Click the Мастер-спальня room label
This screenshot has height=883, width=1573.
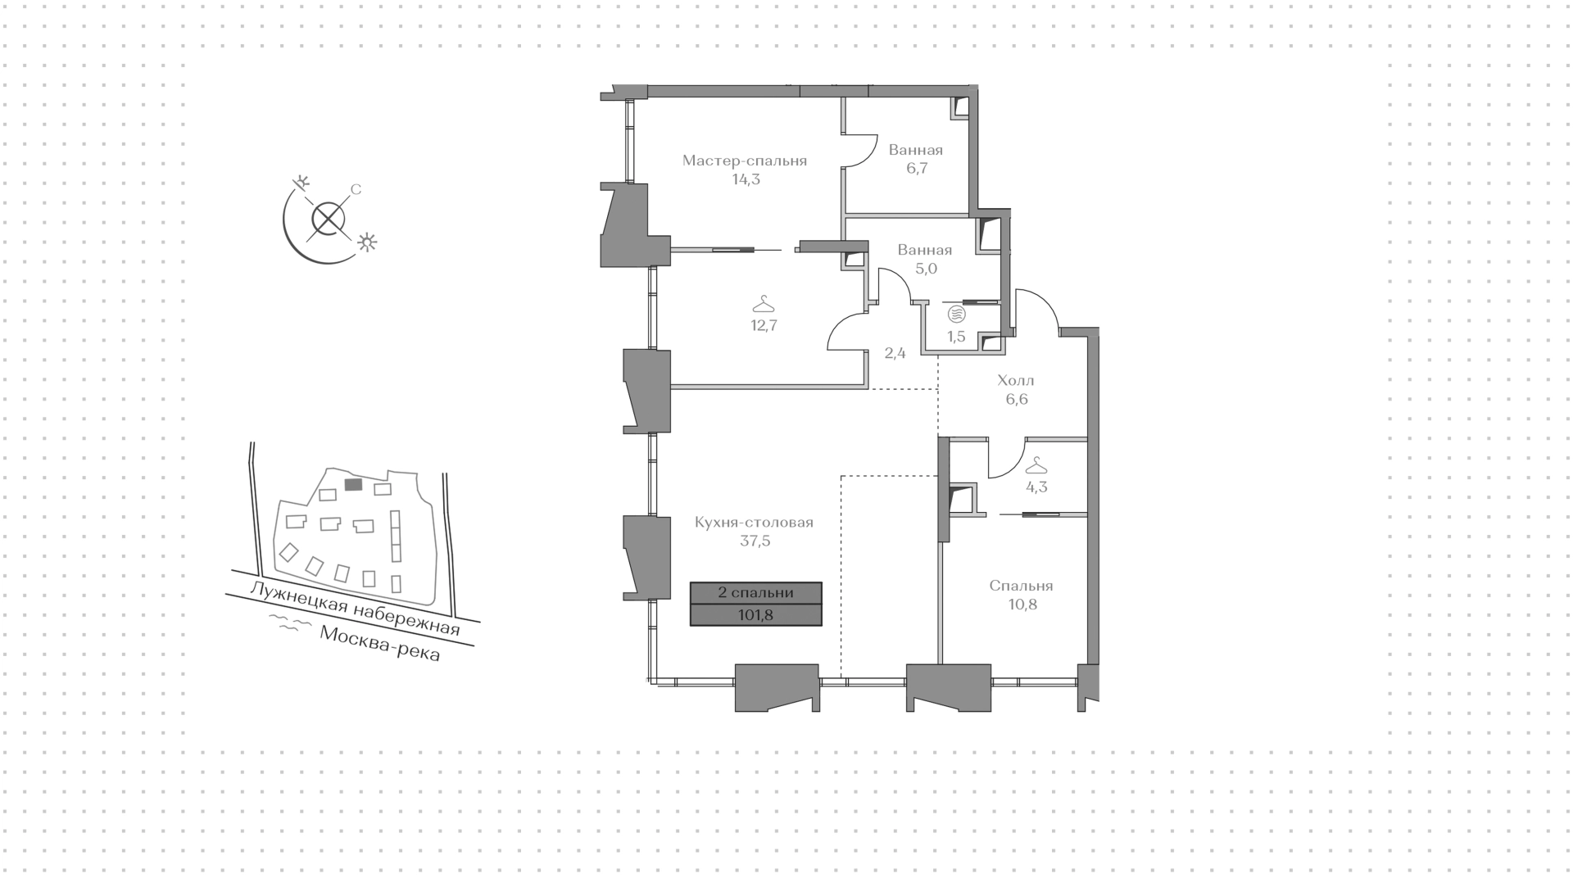tap(745, 161)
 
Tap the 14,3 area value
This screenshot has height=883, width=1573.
tap(746, 179)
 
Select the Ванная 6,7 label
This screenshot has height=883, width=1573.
tap(916, 151)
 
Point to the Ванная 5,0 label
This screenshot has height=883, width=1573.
tap(925, 251)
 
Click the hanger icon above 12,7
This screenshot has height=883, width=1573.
tap(764, 304)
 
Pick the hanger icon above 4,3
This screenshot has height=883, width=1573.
tap(1036, 465)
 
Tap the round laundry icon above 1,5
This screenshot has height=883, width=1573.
tap(956, 314)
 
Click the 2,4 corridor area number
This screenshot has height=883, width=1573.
tap(895, 354)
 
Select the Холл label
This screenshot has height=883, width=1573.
tap(1016, 381)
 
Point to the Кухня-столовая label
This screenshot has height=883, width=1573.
tap(754, 523)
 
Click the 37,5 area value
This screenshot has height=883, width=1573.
tap(755, 541)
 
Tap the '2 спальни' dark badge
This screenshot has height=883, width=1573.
tap(755, 593)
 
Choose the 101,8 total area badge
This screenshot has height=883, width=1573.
tap(755, 615)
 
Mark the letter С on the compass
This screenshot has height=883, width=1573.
tap(356, 190)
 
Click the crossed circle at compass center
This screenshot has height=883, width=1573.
tap(328, 218)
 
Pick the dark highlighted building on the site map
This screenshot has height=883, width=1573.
tap(353, 485)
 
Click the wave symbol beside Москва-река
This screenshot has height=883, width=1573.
tap(292, 625)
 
